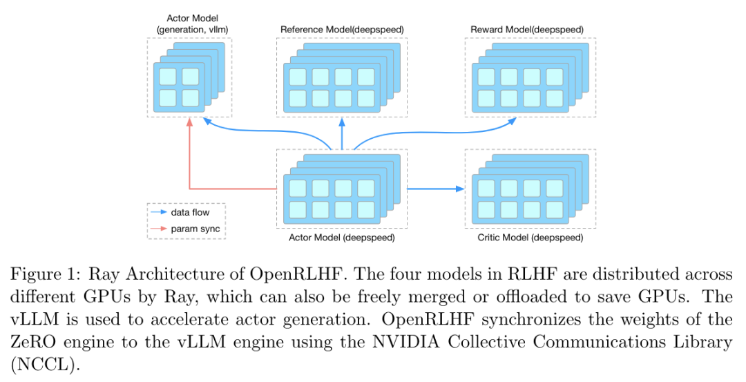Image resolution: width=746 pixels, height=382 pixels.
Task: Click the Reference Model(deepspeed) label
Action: (342, 30)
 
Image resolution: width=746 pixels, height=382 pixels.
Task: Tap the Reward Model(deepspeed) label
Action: (527, 30)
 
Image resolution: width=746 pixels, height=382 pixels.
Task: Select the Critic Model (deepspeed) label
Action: (530, 238)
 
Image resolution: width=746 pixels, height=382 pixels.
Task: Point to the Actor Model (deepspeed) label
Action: (342, 238)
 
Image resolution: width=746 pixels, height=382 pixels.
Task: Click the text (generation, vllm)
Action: (192, 30)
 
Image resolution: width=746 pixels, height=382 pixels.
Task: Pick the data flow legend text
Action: (191, 212)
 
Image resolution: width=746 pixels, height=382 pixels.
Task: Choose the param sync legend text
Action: (195, 229)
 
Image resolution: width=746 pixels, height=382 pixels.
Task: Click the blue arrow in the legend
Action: (159, 212)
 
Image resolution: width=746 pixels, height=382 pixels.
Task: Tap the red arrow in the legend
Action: (159, 229)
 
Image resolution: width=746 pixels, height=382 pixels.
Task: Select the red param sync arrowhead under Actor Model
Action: (190, 122)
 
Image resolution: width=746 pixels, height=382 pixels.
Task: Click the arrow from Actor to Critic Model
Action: (435, 189)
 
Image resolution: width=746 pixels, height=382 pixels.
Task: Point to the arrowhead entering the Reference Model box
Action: (342, 122)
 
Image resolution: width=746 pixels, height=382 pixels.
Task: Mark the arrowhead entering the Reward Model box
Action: (512, 121)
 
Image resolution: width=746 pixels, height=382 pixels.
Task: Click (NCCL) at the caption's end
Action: (43, 365)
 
